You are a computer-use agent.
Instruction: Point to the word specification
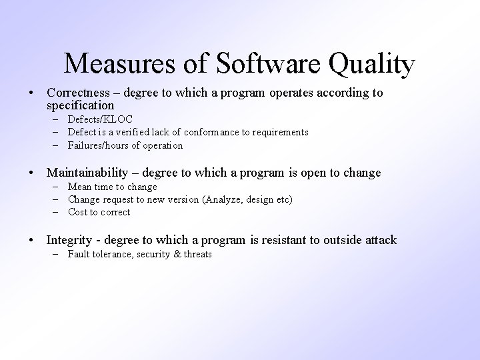pyautogui.click(x=81, y=105)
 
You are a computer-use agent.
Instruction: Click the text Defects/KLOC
pyautogui.click(x=100, y=119)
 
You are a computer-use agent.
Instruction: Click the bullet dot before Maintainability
pyautogui.click(x=32, y=173)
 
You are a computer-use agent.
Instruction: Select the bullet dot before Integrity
pyautogui.click(x=32, y=240)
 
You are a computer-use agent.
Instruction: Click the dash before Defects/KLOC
pyautogui.click(x=53, y=119)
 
